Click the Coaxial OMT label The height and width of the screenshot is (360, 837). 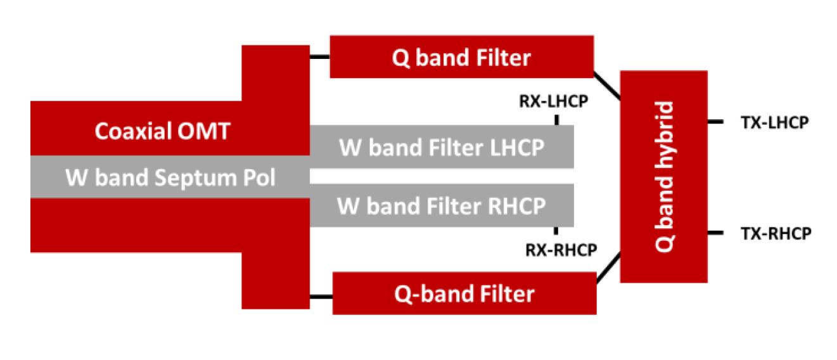[162, 132]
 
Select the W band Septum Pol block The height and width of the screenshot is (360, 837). [170, 178]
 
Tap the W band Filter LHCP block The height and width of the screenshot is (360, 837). [442, 147]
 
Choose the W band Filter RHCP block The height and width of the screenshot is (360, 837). [442, 205]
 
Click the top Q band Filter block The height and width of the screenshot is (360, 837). [461, 58]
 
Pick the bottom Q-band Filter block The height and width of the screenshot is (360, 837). [464, 293]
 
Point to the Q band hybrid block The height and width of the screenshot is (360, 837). [663, 176]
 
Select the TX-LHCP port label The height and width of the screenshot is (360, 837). [774, 123]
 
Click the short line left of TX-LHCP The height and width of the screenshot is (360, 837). [715, 122]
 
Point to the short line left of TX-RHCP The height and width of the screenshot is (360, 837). [715, 234]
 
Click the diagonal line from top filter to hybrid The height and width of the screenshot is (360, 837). [606, 84]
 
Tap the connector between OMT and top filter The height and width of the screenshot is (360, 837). [319, 58]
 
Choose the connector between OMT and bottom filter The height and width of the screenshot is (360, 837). [321, 294]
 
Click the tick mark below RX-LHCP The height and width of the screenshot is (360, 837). [556, 119]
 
